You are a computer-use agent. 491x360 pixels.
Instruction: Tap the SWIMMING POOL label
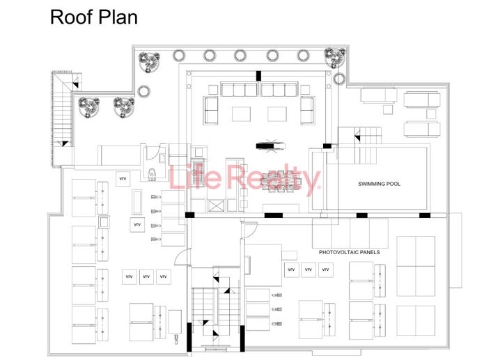click(380, 184)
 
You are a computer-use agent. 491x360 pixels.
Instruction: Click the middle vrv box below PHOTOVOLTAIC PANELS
click(307, 269)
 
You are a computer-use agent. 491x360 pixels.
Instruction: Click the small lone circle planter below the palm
click(144, 91)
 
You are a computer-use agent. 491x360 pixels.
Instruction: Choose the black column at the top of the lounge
click(258, 75)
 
